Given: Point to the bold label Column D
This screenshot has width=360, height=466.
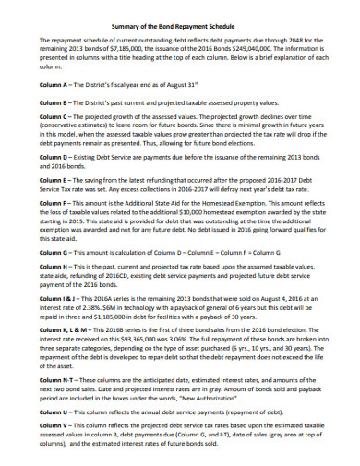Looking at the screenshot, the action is tap(54, 166).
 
